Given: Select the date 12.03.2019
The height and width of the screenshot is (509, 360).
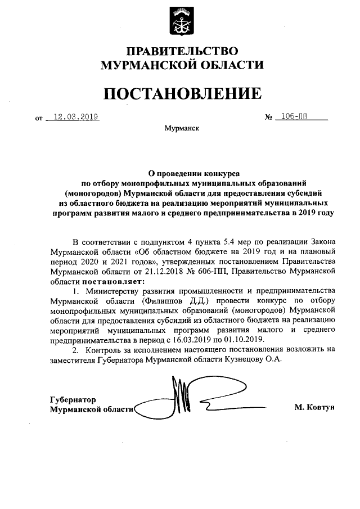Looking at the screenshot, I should (x=73, y=117).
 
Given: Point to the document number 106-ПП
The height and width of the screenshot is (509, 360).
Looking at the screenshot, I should (x=298, y=117).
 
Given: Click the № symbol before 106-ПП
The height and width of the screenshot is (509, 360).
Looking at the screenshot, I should (x=268, y=118).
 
